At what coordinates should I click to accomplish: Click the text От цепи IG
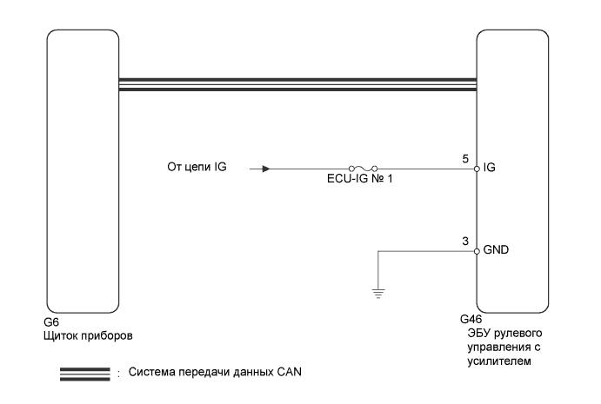(x=197, y=168)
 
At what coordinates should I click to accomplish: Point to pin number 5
(x=467, y=158)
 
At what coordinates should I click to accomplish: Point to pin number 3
(x=467, y=241)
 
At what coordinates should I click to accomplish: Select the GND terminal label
(x=497, y=251)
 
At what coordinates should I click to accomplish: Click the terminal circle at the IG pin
(x=477, y=169)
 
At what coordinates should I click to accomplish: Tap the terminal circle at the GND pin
(x=477, y=251)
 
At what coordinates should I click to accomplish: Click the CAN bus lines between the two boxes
(x=297, y=83)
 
